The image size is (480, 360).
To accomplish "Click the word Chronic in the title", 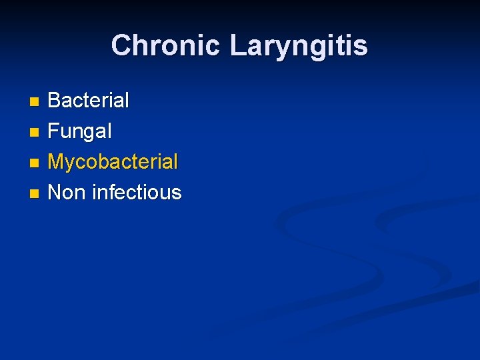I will [166, 46].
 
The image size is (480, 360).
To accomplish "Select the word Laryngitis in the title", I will [298, 46].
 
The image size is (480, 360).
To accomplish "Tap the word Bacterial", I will [89, 101].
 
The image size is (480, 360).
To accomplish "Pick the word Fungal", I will [80, 131].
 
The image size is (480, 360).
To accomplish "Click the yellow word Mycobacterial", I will [113, 162].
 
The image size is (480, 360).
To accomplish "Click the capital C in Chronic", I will [121, 46].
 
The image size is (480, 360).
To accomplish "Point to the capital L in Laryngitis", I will [237, 46].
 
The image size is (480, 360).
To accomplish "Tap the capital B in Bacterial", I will [55, 101].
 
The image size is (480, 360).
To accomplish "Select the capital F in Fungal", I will [54, 131].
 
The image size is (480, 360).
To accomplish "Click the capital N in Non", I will [55, 193].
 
